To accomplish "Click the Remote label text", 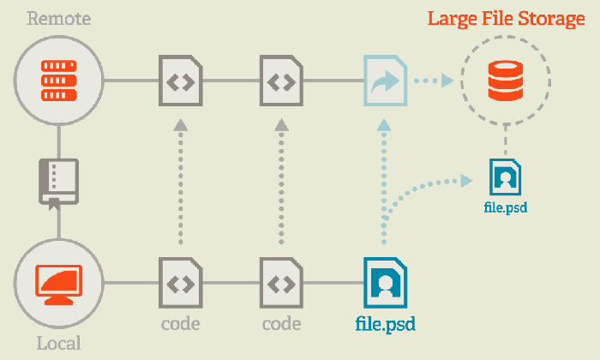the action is (x=59, y=18).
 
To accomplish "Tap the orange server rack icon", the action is (x=59, y=81).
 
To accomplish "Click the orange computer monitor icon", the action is (x=59, y=285).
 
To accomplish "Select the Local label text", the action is (x=59, y=343).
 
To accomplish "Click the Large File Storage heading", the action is (x=506, y=19).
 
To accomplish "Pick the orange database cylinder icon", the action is (x=506, y=81).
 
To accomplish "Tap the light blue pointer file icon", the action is (x=386, y=81).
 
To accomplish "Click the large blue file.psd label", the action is (x=386, y=324).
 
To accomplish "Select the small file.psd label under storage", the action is (x=506, y=207).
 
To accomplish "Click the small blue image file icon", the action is (x=506, y=177).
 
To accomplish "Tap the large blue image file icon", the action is (x=386, y=283).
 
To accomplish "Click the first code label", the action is (x=181, y=324).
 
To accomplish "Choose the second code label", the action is (x=282, y=324).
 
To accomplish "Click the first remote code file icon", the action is (x=181, y=81).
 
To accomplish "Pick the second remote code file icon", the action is (x=282, y=81).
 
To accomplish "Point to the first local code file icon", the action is (x=181, y=283).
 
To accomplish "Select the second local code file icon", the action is (x=282, y=283).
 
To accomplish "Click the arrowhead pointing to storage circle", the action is (x=447, y=81).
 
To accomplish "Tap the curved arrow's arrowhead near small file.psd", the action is (x=466, y=181).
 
